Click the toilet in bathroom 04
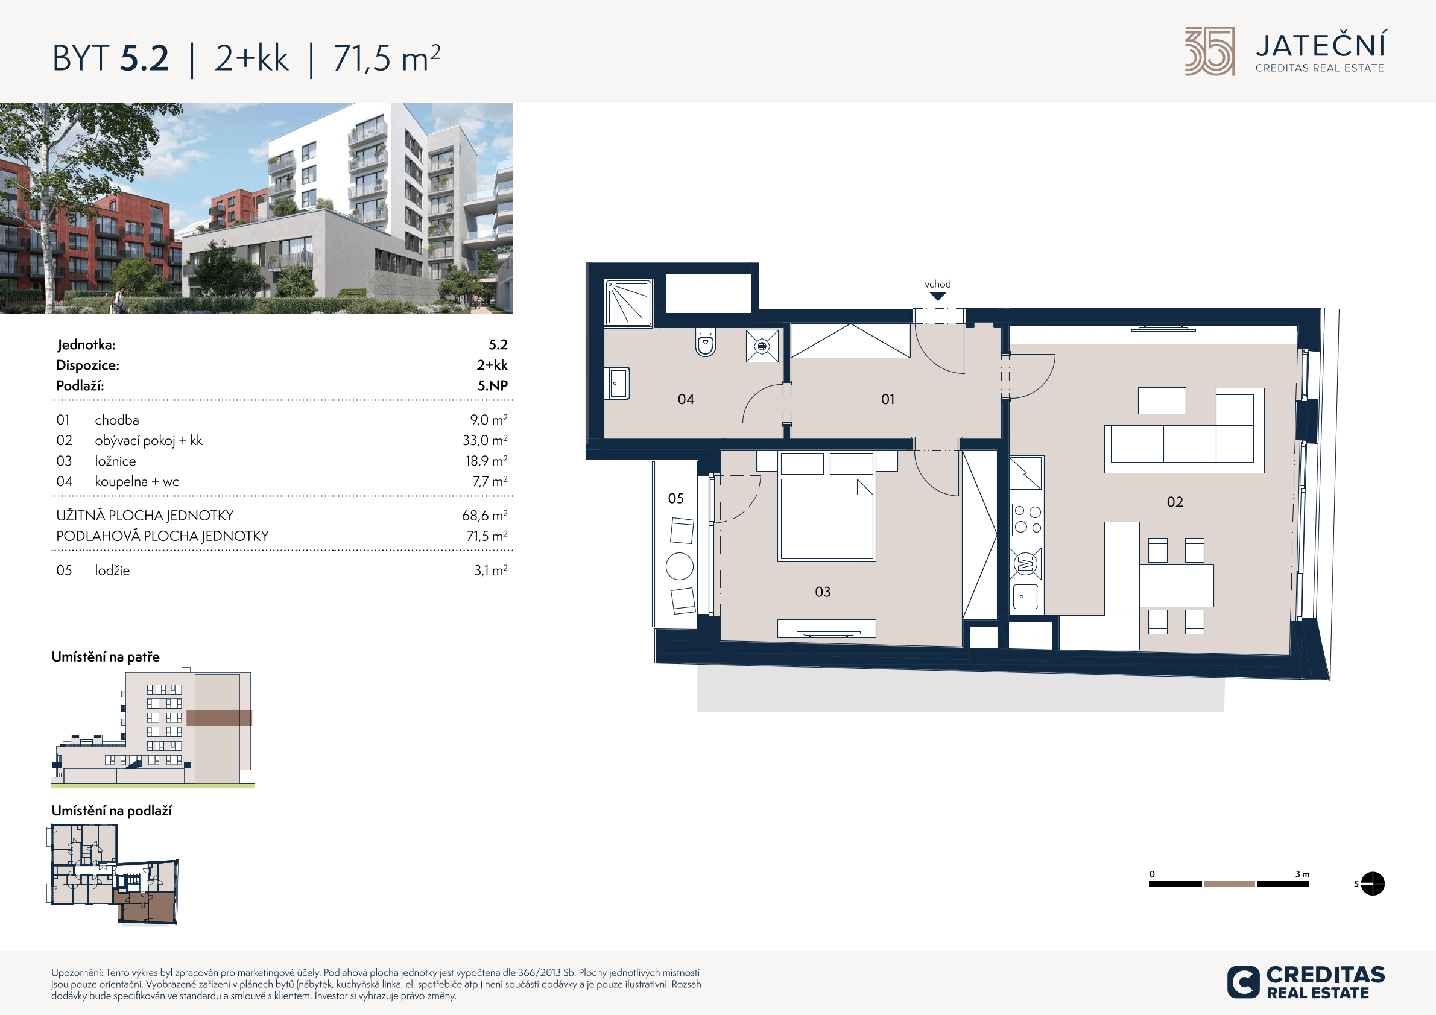coord(706,342)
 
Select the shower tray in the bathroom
coord(628,303)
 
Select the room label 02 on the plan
coord(1175,502)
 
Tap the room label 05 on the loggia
coord(675,498)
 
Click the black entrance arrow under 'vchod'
coord(937,297)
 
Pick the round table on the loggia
coord(680,566)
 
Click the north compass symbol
coord(1372,884)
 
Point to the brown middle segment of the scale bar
coord(1229,884)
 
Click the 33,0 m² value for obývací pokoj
coord(485,440)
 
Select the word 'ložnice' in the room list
coord(115,461)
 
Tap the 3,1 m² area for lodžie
coord(491,570)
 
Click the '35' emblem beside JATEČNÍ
coord(1210,51)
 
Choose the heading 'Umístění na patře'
coord(106,657)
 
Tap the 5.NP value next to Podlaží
coord(493,385)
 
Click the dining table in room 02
coord(1177,586)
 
